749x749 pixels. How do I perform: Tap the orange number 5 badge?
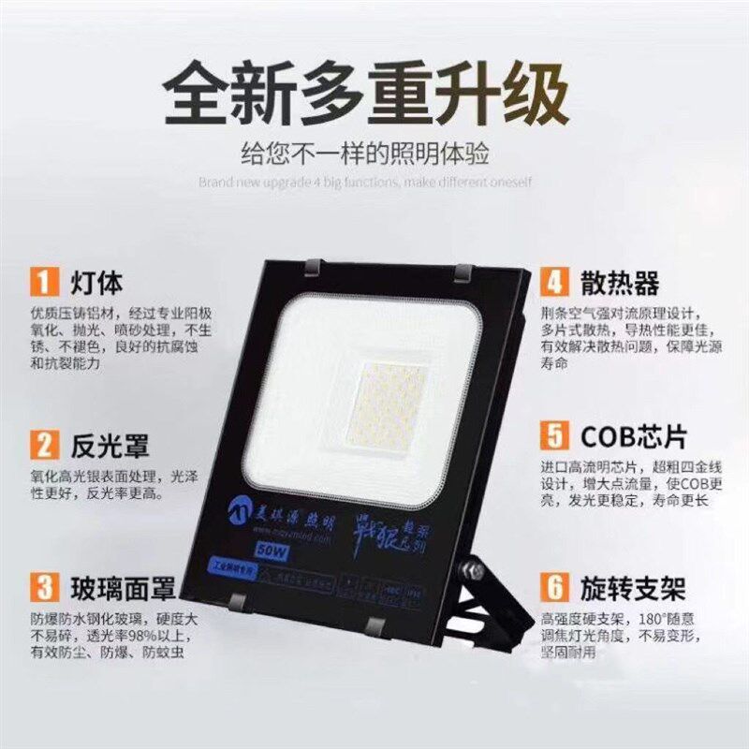[556, 437]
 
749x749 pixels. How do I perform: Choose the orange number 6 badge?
[556, 589]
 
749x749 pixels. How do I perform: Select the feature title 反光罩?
[110, 442]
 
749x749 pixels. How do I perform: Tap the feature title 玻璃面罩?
[123, 590]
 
